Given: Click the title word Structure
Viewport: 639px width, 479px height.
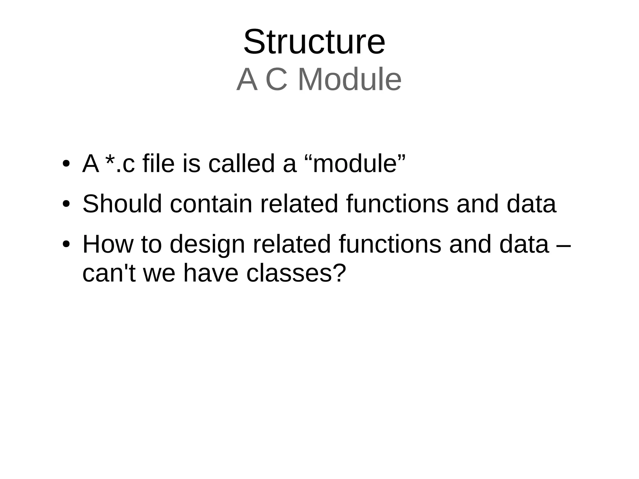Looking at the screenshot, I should tap(314, 42).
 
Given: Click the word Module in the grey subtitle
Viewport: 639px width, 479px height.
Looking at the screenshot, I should tap(349, 80).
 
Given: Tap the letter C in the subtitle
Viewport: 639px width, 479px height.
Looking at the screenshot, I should tap(276, 80).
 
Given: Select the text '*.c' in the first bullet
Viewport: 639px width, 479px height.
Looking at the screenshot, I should tap(120, 164).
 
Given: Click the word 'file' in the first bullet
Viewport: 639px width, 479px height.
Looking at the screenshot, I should tap(158, 164).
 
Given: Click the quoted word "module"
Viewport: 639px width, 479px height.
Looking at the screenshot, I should tap(354, 164).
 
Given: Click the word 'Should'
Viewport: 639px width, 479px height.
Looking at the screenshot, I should tap(122, 204).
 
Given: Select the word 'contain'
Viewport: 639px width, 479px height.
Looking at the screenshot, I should tap(211, 204).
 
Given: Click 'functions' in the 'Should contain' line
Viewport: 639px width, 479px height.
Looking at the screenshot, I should tap(397, 204).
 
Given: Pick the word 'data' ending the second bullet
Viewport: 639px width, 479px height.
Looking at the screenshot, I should tap(531, 204).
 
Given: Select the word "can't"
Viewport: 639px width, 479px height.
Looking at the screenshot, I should tap(109, 273).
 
